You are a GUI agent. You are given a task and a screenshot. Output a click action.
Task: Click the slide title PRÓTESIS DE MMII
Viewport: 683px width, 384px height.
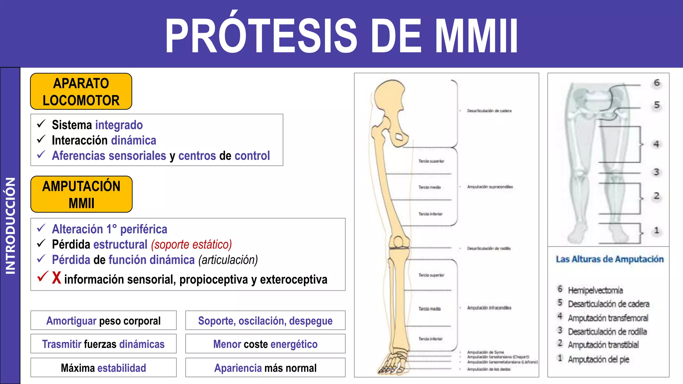341,35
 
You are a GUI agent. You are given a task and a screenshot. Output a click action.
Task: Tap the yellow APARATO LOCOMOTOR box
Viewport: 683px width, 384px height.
81,92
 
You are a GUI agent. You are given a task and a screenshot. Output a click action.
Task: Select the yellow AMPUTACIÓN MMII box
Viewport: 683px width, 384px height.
81,194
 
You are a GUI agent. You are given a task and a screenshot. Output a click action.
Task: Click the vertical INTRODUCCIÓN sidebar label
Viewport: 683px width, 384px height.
10,226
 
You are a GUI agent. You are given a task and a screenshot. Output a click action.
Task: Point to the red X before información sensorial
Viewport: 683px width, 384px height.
57,278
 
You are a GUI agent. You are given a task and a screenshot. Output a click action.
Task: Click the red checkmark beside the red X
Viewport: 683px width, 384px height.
43,276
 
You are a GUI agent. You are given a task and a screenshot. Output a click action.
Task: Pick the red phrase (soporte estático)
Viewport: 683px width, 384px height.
191,245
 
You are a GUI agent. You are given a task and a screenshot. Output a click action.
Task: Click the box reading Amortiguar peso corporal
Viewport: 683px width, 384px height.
103,321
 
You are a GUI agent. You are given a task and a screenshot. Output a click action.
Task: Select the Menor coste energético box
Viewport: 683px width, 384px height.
265,344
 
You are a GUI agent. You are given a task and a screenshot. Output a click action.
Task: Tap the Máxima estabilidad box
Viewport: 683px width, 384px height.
103,368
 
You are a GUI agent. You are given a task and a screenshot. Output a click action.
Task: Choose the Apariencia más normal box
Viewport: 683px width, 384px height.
265,368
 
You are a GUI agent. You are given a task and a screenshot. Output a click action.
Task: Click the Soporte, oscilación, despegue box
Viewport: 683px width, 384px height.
265,321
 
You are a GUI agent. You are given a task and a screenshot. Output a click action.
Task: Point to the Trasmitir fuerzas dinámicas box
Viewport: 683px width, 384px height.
103,344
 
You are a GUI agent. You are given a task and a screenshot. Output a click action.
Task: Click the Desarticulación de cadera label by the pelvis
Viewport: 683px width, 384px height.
489,111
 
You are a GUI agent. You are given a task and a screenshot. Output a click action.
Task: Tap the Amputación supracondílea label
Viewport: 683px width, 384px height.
490,187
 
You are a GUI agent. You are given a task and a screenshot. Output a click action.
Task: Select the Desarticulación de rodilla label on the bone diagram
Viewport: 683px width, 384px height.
489,248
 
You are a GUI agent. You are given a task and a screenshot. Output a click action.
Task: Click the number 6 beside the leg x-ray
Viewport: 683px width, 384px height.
657,83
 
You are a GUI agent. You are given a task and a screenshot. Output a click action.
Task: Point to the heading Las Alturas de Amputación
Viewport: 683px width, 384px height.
610,259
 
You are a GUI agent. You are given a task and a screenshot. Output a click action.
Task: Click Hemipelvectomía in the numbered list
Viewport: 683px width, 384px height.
595,290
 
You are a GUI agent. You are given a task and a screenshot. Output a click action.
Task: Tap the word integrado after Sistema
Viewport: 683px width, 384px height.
119,125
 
